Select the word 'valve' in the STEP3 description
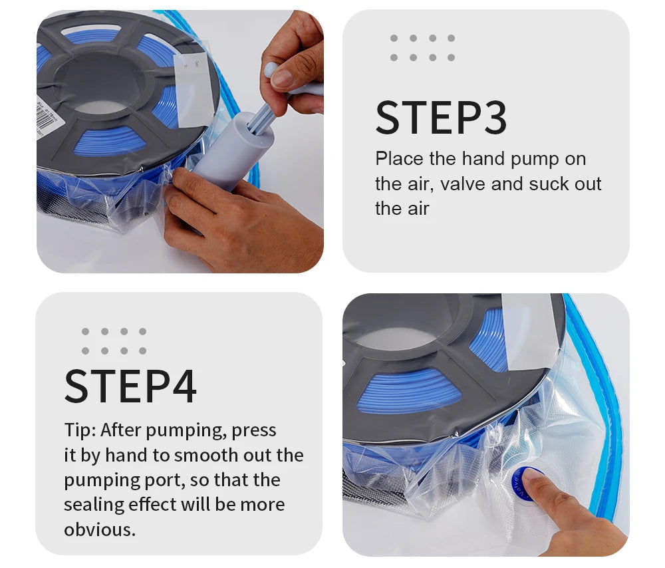point(468,184)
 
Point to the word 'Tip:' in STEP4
point(80,430)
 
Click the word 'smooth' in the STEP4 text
point(205,456)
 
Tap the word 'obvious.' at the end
point(100,530)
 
